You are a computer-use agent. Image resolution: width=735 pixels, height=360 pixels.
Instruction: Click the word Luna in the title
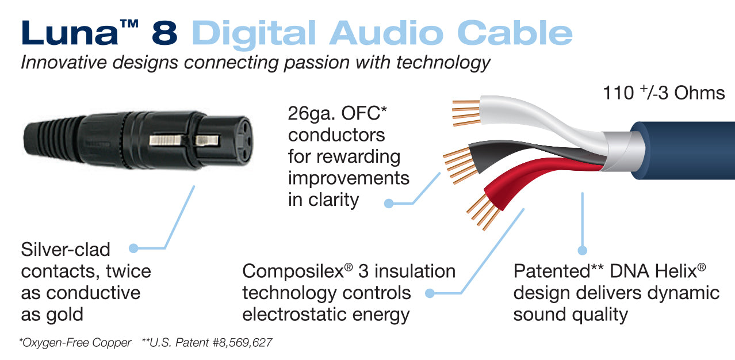tap(70, 33)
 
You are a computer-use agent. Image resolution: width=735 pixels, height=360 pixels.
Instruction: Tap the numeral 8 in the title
tap(164, 33)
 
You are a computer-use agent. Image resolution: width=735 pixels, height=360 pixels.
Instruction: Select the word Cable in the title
tap(515, 33)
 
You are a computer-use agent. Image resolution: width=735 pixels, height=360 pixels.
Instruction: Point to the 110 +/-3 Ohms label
tap(664, 93)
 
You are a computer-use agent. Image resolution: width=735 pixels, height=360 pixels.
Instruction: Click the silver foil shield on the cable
tap(620, 151)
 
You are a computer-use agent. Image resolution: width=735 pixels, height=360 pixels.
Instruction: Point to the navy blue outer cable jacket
tap(686, 150)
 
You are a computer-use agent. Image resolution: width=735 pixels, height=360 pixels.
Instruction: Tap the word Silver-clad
tap(66, 250)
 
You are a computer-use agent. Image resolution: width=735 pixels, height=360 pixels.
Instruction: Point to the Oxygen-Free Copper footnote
tap(75, 343)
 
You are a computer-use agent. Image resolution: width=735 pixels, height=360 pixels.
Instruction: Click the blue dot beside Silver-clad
tap(133, 248)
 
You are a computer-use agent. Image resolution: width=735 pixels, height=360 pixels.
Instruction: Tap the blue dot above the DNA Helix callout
tap(582, 250)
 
